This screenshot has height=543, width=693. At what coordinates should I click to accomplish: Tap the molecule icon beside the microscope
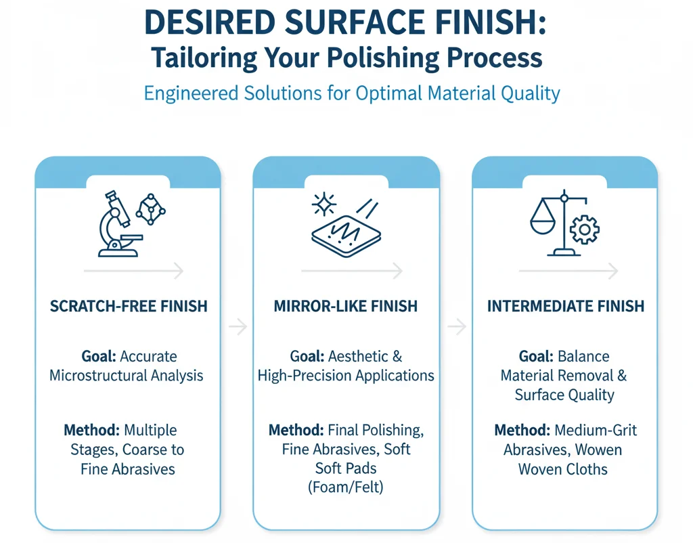pos(151,209)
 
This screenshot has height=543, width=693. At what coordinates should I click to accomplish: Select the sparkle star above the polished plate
pos(324,204)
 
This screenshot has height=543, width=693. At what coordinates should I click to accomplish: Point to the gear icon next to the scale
pos(584,229)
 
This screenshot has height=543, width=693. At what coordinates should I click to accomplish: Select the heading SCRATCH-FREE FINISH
pos(129,306)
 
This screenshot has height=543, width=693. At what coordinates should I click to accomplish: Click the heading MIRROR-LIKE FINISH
pos(346,306)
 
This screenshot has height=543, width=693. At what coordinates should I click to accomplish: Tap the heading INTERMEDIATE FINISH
pos(566,306)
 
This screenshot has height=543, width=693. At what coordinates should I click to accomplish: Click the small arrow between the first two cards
pos(238,327)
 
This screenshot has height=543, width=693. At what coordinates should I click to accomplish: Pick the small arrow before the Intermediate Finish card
pos(457,327)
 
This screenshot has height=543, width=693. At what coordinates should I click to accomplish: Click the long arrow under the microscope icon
pos(133,271)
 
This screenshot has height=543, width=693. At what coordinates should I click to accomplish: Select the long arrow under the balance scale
pos(568,271)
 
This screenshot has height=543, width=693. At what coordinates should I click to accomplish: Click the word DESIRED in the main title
pos(210,22)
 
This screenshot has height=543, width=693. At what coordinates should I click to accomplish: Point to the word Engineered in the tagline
pos(191,93)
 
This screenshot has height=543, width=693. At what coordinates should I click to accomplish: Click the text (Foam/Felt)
pos(346,487)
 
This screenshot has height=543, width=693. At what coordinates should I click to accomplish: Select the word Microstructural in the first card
pos(98,375)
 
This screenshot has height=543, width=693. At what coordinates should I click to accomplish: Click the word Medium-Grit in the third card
pos(596,430)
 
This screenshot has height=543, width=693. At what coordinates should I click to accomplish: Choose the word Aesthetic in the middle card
pos(359,356)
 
